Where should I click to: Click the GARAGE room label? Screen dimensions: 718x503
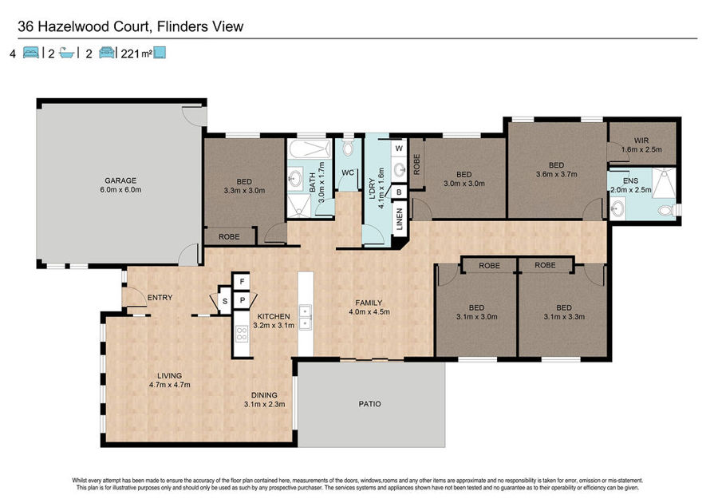120,180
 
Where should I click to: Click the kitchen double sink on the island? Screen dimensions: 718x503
305,318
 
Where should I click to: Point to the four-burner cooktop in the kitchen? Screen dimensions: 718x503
242,333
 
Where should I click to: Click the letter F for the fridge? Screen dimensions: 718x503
242,281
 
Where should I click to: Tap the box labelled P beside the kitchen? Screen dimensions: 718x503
243,300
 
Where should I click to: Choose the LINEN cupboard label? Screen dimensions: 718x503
400,219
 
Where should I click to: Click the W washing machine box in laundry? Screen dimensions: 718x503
399,149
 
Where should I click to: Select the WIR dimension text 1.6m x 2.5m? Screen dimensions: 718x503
641,149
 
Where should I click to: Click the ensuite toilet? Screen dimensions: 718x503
666,211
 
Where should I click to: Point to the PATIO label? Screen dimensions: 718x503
369,404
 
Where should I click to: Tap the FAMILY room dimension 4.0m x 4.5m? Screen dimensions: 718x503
369,312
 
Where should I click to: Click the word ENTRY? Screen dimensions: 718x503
160,298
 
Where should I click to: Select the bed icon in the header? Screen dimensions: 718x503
30,53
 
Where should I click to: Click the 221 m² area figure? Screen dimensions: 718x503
136,53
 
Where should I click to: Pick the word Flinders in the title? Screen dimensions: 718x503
181,26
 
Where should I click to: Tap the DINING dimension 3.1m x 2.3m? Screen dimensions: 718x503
264,404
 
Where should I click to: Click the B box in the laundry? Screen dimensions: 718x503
399,192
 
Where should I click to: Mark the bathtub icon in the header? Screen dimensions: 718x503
67,53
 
